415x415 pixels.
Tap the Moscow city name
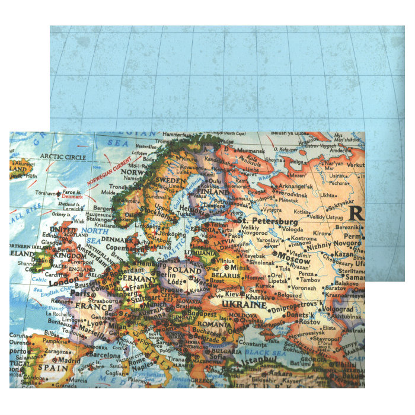[294, 260]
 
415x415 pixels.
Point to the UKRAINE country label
[244, 304]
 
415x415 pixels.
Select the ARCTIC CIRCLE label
[63, 157]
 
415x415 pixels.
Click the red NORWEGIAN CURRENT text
[110, 171]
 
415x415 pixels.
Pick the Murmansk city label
[250, 151]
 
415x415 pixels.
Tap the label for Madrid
[69, 359]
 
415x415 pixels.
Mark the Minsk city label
[240, 267]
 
